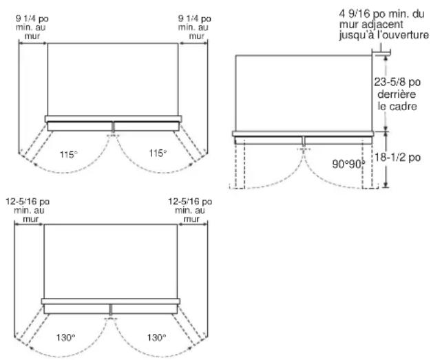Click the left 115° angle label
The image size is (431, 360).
pos(69,154)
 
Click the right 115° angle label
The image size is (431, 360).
pos(158,153)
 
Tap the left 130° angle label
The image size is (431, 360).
pos(65,337)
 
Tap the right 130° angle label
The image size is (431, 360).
pos(156,337)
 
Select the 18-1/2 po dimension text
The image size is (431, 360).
pos(397,157)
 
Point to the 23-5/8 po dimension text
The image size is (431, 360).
pos(397,82)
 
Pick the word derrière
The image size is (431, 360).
pos(397,94)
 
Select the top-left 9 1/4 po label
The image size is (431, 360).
pos(32,19)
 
